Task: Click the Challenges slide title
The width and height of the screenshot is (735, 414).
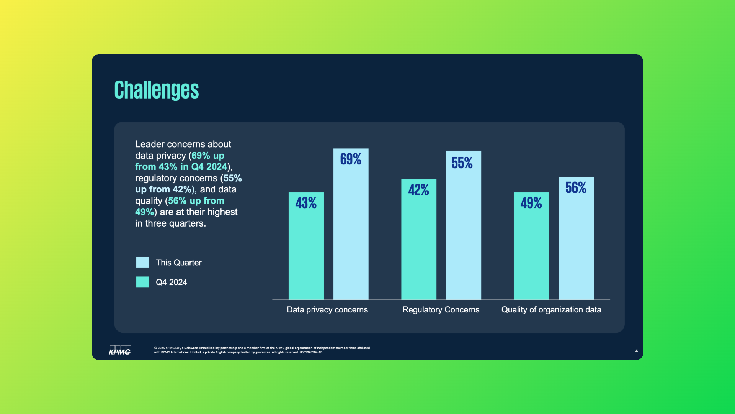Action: (x=156, y=90)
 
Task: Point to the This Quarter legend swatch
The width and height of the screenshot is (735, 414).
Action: (x=142, y=262)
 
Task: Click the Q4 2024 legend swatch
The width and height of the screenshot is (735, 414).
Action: (x=142, y=282)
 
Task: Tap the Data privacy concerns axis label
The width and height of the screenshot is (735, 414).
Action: (x=327, y=310)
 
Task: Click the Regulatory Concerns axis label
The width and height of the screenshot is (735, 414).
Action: (x=441, y=310)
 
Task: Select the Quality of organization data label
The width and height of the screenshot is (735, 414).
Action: (x=551, y=310)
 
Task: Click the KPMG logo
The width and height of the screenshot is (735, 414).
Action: (x=120, y=350)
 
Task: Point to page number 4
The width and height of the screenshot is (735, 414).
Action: (x=636, y=351)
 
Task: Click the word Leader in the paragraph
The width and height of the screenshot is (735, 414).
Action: (x=150, y=144)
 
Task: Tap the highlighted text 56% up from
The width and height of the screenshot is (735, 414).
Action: (x=196, y=201)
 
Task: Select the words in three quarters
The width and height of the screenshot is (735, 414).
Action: (x=170, y=223)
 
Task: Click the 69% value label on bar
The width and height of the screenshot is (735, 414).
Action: (x=351, y=159)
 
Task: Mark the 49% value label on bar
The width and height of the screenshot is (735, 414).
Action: (x=531, y=203)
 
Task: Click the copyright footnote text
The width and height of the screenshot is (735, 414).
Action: (x=262, y=350)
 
